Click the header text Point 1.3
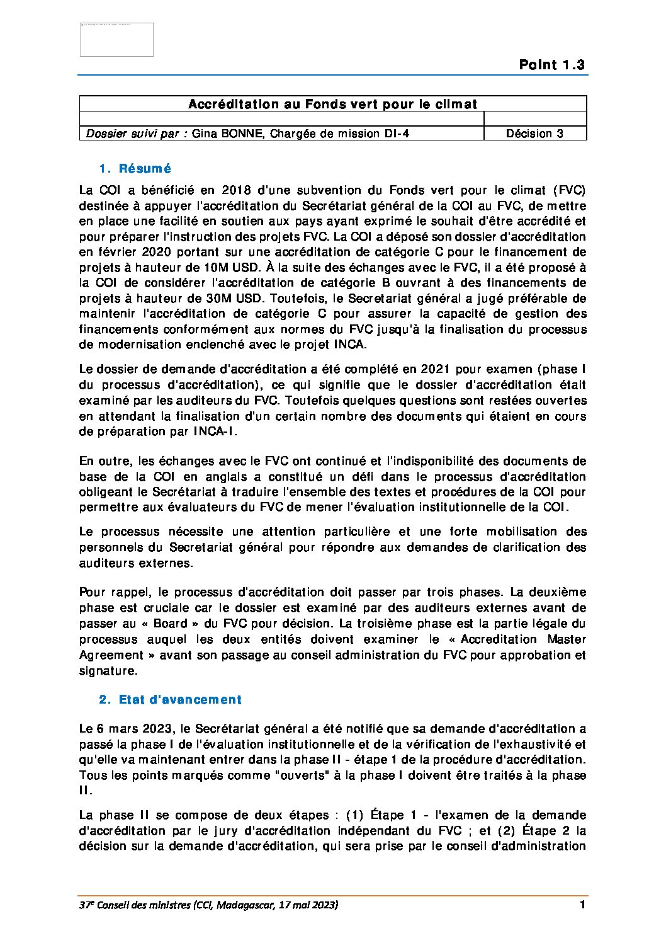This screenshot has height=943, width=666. pyautogui.click(x=551, y=65)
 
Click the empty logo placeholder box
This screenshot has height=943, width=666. pyautogui.click(x=116, y=40)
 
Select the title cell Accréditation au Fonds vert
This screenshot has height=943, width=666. pyautogui.click(x=332, y=104)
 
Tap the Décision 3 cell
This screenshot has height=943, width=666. pyautogui.click(x=534, y=134)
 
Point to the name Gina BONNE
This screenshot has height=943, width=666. pyautogui.click(x=227, y=134)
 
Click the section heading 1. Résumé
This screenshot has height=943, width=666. pyautogui.click(x=135, y=169)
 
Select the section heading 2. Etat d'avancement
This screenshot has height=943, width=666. pyautogui.click(x=170, y=700)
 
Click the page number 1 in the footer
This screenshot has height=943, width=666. pyautogui.click(x=582, y=905)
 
